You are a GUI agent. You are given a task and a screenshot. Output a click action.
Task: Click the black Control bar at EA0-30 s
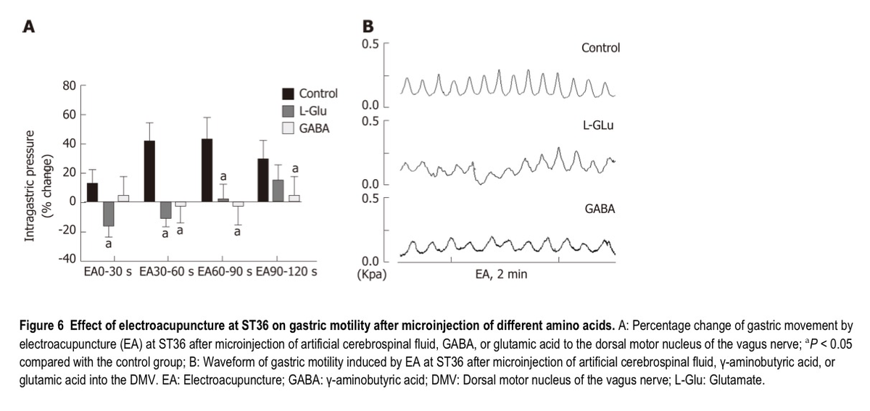point(92,192)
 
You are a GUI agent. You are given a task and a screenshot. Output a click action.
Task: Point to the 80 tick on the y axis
point(70,86)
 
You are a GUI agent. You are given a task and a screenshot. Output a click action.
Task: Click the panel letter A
point(30,27)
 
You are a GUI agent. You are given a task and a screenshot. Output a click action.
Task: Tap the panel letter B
point(368,26)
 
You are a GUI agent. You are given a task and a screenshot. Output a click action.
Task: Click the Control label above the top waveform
point(600,48)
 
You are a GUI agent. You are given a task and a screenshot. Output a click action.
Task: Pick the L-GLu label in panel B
point(599,125)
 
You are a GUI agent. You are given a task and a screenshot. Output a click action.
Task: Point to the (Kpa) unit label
point(372,275)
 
